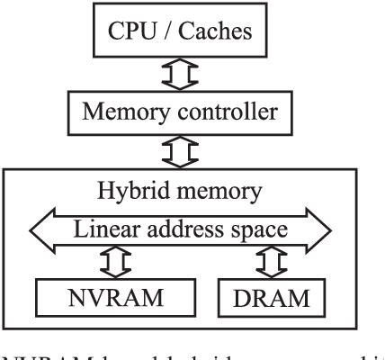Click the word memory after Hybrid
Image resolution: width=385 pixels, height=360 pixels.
pyautogui.click(x=228, y=192)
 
